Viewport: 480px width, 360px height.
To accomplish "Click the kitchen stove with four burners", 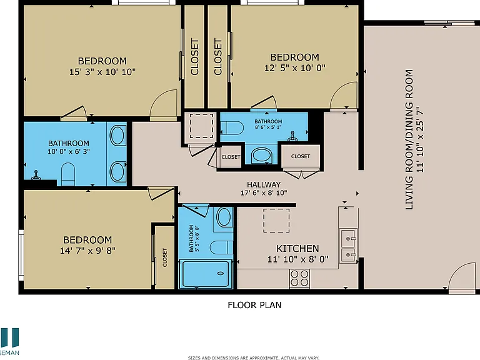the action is pos(299,279).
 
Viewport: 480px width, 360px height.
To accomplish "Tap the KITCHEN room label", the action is pos(297,248).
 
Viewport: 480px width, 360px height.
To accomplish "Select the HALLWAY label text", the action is pos(264,184).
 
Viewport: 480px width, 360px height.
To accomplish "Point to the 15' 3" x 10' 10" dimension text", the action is pos(102,72).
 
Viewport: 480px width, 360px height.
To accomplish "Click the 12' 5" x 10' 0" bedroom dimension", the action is pos(295,68).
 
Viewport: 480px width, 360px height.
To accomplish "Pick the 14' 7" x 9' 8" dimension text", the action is pos(87,251).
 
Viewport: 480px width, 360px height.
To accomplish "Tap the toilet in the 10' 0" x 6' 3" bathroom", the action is pos(68,174).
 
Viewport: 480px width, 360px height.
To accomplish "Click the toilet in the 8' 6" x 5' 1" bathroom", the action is pos(232,127).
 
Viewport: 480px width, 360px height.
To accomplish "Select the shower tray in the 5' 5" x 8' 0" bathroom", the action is pos(204,273).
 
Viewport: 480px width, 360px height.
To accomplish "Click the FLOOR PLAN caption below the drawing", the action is pos(254,305).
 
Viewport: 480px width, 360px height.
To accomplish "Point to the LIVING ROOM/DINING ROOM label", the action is pos(409,139).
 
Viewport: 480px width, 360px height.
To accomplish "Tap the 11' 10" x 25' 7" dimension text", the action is pos(420,139).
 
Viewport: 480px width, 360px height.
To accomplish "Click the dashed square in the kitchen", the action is pos(276,221).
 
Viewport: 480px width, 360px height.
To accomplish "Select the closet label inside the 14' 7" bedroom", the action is pos(165,257).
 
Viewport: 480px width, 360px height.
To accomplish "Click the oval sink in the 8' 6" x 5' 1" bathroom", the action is pos(262,156).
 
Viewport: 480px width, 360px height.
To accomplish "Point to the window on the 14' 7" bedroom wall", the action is pos(21,255).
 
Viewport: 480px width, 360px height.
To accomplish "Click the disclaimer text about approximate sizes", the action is pos(254,357).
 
